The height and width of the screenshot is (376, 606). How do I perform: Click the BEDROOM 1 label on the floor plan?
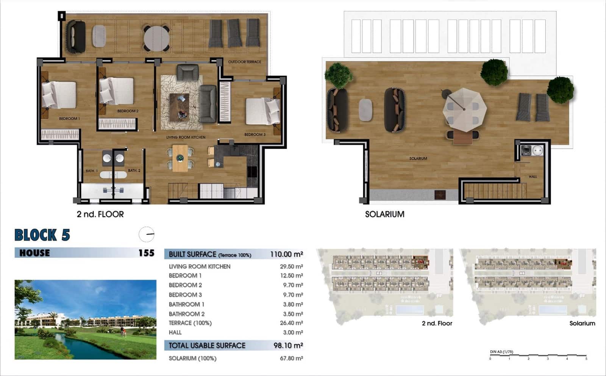(69, 119)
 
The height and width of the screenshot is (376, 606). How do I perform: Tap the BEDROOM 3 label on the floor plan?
(255, 134)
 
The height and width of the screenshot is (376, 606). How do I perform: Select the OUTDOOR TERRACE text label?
(244, 62)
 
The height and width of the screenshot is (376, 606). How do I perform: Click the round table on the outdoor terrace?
(156, 38)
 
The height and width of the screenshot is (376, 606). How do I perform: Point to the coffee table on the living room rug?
(179, 107)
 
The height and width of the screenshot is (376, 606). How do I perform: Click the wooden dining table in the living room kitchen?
(180, 158)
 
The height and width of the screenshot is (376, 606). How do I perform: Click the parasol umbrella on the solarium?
(464, 109)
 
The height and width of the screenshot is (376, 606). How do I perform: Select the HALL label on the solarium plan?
(533, 176)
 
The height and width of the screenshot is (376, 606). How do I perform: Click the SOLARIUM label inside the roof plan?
(418, 158)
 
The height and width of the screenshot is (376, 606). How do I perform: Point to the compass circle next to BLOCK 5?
(147, 234)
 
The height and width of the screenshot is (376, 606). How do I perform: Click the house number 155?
(146, 253)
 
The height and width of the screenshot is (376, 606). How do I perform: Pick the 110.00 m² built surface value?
(286, 254)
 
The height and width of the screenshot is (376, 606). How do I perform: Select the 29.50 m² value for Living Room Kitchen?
(291, 267)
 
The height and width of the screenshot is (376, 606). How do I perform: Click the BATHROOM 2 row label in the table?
(186, 314)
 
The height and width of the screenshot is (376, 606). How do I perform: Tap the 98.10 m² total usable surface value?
(288, 345)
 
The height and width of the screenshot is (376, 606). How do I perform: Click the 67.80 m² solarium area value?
(291, 358)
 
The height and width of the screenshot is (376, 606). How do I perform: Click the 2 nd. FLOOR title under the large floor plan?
(100, 214)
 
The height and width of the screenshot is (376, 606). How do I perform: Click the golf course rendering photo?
(86, 320)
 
